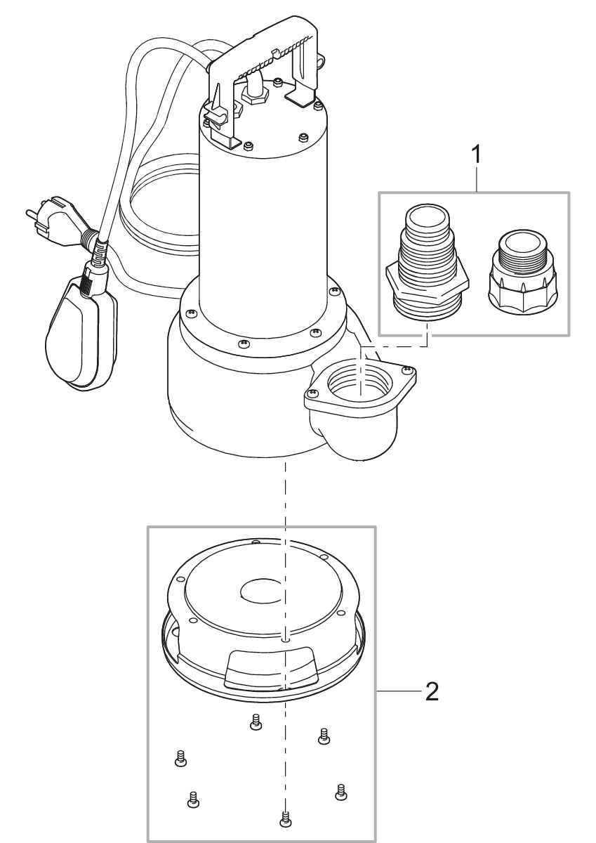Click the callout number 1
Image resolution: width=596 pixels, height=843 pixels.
pos(478,155)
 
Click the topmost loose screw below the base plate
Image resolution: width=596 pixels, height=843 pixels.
pos(256,721)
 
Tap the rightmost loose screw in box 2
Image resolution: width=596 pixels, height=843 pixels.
pos(342,791)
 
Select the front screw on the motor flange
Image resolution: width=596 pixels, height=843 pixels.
pos(243,344)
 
